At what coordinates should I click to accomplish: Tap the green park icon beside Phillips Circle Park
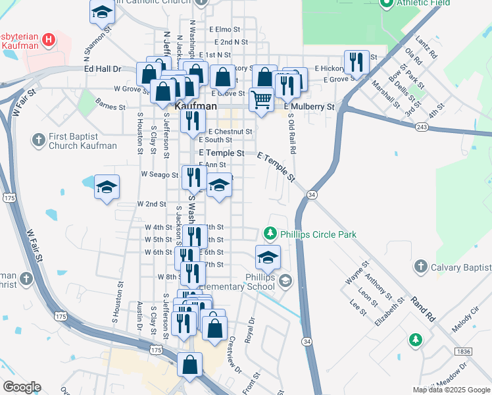tap(269, 234)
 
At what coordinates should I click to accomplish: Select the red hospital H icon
tap(48, 40)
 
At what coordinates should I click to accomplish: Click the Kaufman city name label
tap(194, 105)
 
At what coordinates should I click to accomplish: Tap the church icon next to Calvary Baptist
tap(420, 267)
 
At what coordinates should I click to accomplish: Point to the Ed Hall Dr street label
tap(103, 68)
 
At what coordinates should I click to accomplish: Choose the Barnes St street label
tap(110, 106)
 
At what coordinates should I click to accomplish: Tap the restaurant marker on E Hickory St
tap(356, 63)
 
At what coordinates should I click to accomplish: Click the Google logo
tap(22, 387)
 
